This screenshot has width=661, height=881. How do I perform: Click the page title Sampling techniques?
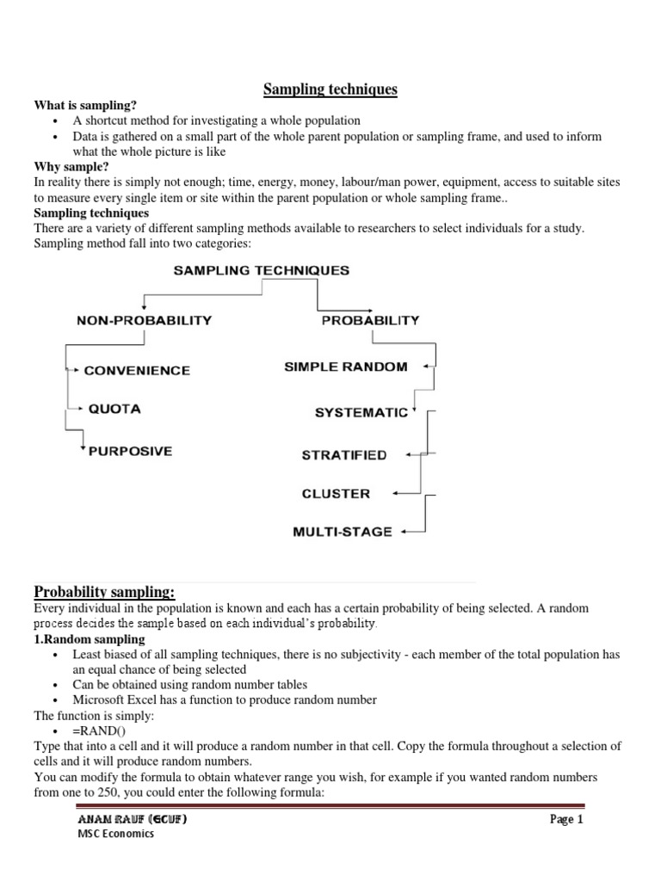coord(330,90)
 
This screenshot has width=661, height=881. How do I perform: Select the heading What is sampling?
coord(73,106)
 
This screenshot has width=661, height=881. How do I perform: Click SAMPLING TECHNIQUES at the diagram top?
coord(262,270)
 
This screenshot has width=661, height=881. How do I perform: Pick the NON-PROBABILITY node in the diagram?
coord(144,320)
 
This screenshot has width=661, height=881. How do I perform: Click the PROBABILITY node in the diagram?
coord(370,320)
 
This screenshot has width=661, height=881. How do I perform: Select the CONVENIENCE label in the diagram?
coord(137,371)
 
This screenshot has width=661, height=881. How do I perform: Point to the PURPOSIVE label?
coord(130,451)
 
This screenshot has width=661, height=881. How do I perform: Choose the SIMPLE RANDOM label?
coord(346,367)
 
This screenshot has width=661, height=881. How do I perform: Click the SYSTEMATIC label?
coord(361,413)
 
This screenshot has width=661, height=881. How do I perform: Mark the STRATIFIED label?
coord(344,455)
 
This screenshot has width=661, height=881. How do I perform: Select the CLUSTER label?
coord(336,494)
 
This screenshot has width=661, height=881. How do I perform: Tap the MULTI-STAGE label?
coord(342,532)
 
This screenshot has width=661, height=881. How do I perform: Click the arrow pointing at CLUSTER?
coord(401,494)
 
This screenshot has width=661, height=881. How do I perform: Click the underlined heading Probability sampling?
coord(103,591)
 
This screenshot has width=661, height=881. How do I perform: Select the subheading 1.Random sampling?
coord(90,639)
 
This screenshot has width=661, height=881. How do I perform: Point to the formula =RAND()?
coord(99,730)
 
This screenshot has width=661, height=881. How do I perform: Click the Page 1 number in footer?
coord(566,820)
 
